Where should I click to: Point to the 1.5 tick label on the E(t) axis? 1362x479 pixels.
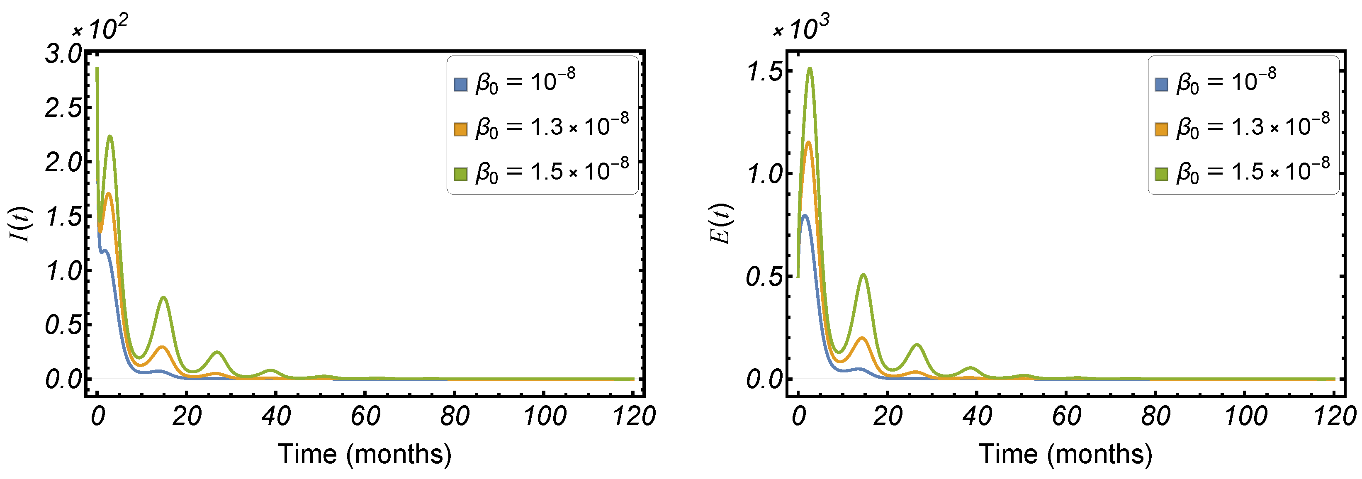click(764, 72)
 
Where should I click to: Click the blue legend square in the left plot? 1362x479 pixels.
click(460, 85)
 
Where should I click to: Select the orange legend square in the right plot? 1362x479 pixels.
click(1161, 129)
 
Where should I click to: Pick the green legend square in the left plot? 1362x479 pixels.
click(460, 174)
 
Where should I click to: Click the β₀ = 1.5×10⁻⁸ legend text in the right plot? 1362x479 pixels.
click(1253, 172)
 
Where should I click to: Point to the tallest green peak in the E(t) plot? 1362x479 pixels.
click(810, 69)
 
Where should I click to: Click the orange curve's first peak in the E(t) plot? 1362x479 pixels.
click(808, 142)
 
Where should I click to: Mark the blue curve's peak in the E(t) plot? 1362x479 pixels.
click(804, 216)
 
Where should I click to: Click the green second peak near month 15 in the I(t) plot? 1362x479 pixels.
click(164, 298)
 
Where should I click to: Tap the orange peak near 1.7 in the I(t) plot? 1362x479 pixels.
click(108, 194)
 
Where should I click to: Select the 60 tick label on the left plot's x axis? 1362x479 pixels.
click(365, 417)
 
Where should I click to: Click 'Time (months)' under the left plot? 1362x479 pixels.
click(365, 454)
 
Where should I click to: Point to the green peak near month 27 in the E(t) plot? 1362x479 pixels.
click(917, 345)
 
